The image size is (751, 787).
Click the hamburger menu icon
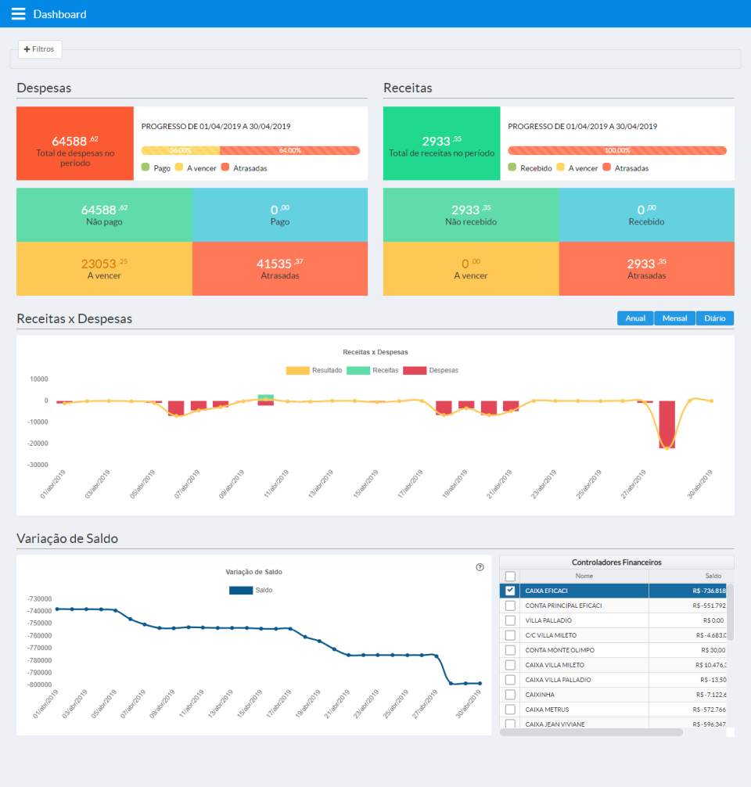18,14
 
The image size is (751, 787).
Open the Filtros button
40,49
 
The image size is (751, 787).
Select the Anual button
635,318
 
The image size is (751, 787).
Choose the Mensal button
674,318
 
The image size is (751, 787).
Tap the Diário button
715,318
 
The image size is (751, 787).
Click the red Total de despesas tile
75,144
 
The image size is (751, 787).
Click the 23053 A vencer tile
104,268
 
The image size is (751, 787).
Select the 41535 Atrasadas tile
279,268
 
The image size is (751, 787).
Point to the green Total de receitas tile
441,144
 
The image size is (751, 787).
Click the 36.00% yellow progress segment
181,150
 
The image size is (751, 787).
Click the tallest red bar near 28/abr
667,425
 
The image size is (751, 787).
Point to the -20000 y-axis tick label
38,443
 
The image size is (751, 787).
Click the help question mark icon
480,567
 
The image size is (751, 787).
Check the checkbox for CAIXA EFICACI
510,591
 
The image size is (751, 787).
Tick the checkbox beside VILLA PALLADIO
510,620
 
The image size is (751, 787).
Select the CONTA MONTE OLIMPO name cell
560,650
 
